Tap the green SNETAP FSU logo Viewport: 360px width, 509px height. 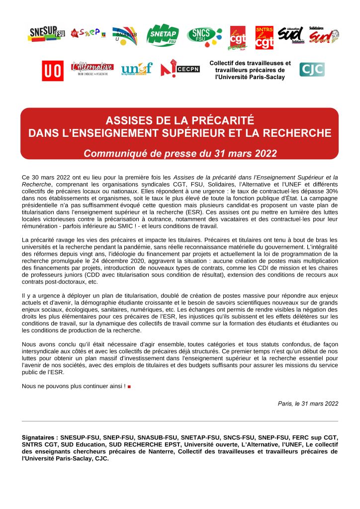(163, 34)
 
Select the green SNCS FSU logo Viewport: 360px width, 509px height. (204, 35)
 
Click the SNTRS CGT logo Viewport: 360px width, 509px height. (264, 38)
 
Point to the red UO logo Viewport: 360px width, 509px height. (52, 70)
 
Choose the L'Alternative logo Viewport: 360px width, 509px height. (92, 68)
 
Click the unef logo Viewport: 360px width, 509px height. (136, 69)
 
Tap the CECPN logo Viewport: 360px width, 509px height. (180, 69)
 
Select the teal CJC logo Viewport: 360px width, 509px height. (312, 69)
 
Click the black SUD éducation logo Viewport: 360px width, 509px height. (290, 35)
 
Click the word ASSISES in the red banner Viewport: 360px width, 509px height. (131, 121)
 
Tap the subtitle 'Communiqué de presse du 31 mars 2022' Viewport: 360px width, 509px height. (180, 153)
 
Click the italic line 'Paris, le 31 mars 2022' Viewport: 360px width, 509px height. (308, 404)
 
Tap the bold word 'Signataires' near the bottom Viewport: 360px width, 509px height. (39, 438)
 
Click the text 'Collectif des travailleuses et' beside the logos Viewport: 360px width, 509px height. (250, 63)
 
